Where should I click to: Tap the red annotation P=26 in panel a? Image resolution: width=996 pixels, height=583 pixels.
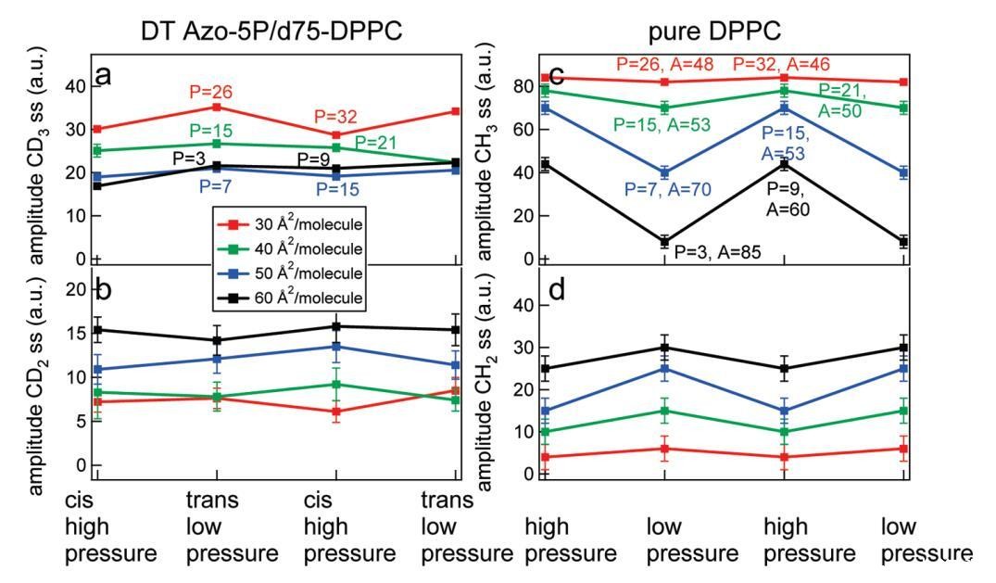coord(210,92)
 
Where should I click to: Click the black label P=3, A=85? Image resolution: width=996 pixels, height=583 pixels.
coord(717,251)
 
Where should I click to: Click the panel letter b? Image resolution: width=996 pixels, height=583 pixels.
coord(104,289)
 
